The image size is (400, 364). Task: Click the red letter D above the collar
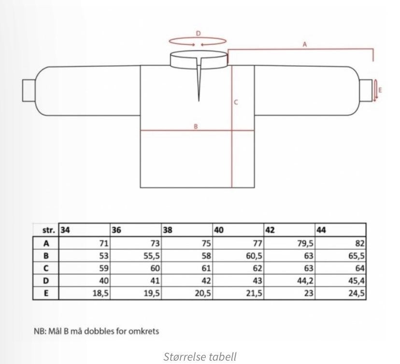(x=198, y=33)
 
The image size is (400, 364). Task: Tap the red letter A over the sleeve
(x=305, y=44)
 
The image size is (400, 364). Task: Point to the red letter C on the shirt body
(x=236, y=102)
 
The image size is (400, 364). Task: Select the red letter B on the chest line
(x=196, y=126)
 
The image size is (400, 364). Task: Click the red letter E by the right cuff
(x=380, y=90)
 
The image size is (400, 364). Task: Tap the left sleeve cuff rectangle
(x=29, y=90)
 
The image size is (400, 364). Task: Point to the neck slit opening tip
(x=199, y=101)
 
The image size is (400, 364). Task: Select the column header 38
(x=168, y=230)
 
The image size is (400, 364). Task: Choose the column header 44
(x=321, y=230)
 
